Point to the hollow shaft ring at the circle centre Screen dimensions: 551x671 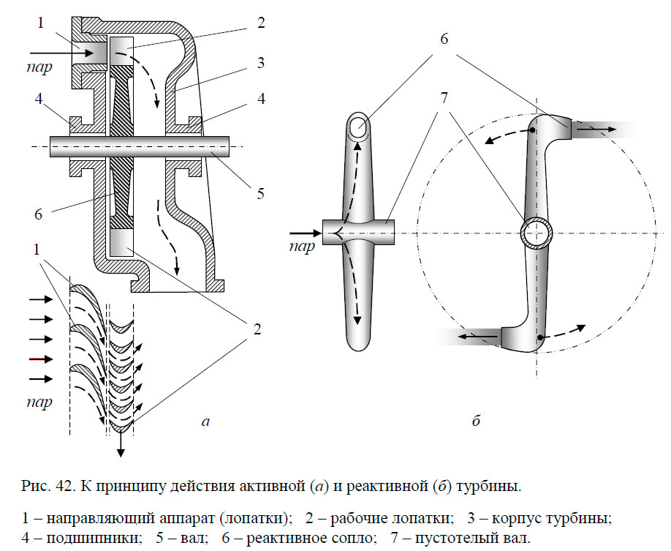[x=537, y=235]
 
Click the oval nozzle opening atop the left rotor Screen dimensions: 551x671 [x=359, y=127]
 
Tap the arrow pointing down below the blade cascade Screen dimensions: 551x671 [x=121, y=443]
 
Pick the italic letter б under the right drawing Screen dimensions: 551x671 [x=476, y=420]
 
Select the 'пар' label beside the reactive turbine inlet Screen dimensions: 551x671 [x=301, y=246]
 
